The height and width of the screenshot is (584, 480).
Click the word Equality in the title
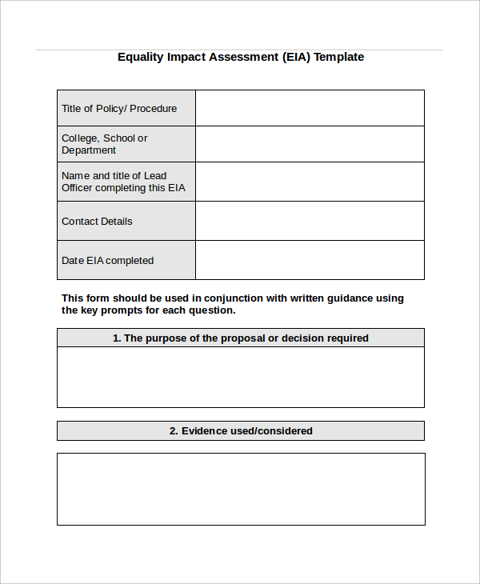tap(141, 57)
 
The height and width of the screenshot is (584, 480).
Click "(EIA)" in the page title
tap(296, 57)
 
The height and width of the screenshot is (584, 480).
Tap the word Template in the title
tap(338, 57)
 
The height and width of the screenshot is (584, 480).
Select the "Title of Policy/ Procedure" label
tap(119, 109)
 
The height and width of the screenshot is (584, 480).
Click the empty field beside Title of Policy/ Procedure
tap(310, 108)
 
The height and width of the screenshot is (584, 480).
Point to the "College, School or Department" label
tap(105, 144)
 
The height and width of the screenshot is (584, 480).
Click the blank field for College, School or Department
tap(310, 144)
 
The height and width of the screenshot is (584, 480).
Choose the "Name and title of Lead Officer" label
tap(123, 182)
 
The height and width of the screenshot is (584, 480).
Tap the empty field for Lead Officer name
tap(310, 182)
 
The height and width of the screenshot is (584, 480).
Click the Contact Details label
tap(97, 222)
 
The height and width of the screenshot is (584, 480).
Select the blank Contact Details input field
tap(310, 221)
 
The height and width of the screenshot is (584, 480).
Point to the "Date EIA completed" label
tap(107, 261)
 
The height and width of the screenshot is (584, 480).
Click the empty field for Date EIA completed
tap(310, 260)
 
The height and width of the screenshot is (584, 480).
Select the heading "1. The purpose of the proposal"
tap(240, 338)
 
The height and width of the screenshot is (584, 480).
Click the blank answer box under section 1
tap(240, 377)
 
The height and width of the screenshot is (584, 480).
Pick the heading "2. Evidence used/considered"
tap(240, 431)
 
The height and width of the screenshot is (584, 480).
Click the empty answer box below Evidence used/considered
tap(240, 489)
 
